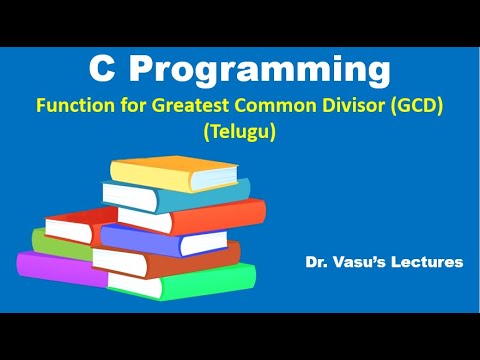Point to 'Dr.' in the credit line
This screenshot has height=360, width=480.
point(318,262)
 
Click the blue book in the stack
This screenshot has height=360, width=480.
point(170,238)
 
